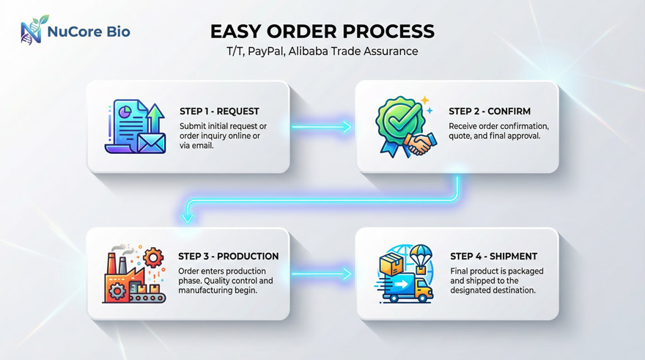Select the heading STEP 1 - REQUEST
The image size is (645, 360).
click(x=219, y=111)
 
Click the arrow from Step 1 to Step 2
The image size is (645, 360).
click(x=322, y=127)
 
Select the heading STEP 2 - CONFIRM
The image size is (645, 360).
click(x=489, y=111)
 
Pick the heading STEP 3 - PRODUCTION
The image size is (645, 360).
click(x=228, y=257)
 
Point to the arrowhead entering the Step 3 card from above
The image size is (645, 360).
click(x=188, y=218)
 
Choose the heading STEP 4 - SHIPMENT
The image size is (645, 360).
click(x=493, y=257)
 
